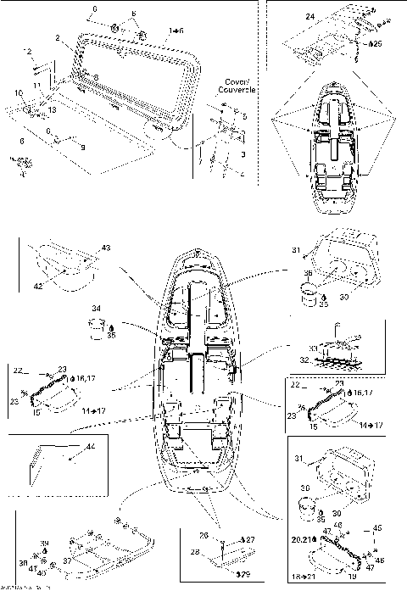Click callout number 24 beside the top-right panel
pyautogui.click(x=309, y=17)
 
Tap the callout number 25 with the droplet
pyautogui.click(x=376, y=43)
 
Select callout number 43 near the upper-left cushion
pyautogui.click(x=105, y=247)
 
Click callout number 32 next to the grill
pyautogui.click(x=304, y=360)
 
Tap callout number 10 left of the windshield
pyautogui.click(x=18, y=92)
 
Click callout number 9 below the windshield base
pyautogui.click(x=82, y=148)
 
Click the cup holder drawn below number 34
pyautogui.click(x=98, y=325)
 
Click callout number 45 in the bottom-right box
pyautogui.click(x=378, y=527)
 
